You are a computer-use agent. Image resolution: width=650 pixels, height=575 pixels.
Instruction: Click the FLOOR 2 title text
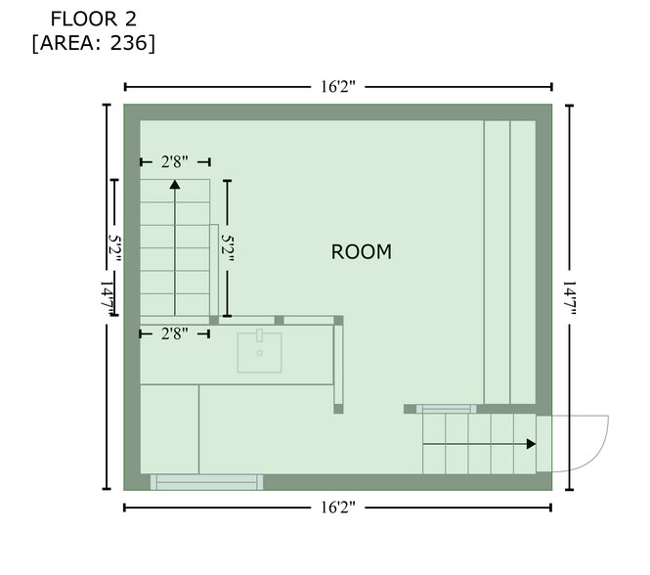coord(93,20)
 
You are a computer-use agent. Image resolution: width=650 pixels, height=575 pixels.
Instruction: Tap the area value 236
coord(128,43)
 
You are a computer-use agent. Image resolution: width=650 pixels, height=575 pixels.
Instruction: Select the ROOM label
coord(361,252)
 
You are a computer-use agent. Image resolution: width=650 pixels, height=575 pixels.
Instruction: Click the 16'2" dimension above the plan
coord(338,87)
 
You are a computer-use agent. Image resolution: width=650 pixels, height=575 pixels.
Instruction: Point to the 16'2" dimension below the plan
coord(338,508)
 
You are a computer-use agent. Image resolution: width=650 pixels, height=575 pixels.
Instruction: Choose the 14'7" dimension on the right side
coord(570,298)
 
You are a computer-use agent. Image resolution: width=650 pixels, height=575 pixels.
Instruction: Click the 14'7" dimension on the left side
coord(107,298)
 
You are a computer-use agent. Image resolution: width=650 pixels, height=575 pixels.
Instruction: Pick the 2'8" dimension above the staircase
coord(175,161)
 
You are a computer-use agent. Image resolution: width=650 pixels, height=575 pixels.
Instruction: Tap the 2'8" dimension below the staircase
coord(175,333)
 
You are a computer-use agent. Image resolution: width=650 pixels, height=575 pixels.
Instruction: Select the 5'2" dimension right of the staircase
coord(227,248)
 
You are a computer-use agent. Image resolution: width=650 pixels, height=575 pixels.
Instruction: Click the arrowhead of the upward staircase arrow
coord(175,184)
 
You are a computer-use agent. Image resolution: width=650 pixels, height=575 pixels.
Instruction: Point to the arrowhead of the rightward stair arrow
coord(531,444)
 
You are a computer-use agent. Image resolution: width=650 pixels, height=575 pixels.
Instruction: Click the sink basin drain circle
coord(259,353)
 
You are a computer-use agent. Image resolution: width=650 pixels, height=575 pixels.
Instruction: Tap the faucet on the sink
coord(259,335)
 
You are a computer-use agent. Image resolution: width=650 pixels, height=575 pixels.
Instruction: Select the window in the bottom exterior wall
coord(206,482)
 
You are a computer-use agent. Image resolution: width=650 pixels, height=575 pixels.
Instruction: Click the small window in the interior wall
coord(447,409)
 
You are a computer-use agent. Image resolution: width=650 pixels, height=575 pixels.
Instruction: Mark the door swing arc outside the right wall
coord(597,455)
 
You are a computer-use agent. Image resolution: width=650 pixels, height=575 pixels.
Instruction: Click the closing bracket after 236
coord(152,44)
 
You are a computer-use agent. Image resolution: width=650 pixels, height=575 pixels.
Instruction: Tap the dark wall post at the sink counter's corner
coord(338,321)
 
